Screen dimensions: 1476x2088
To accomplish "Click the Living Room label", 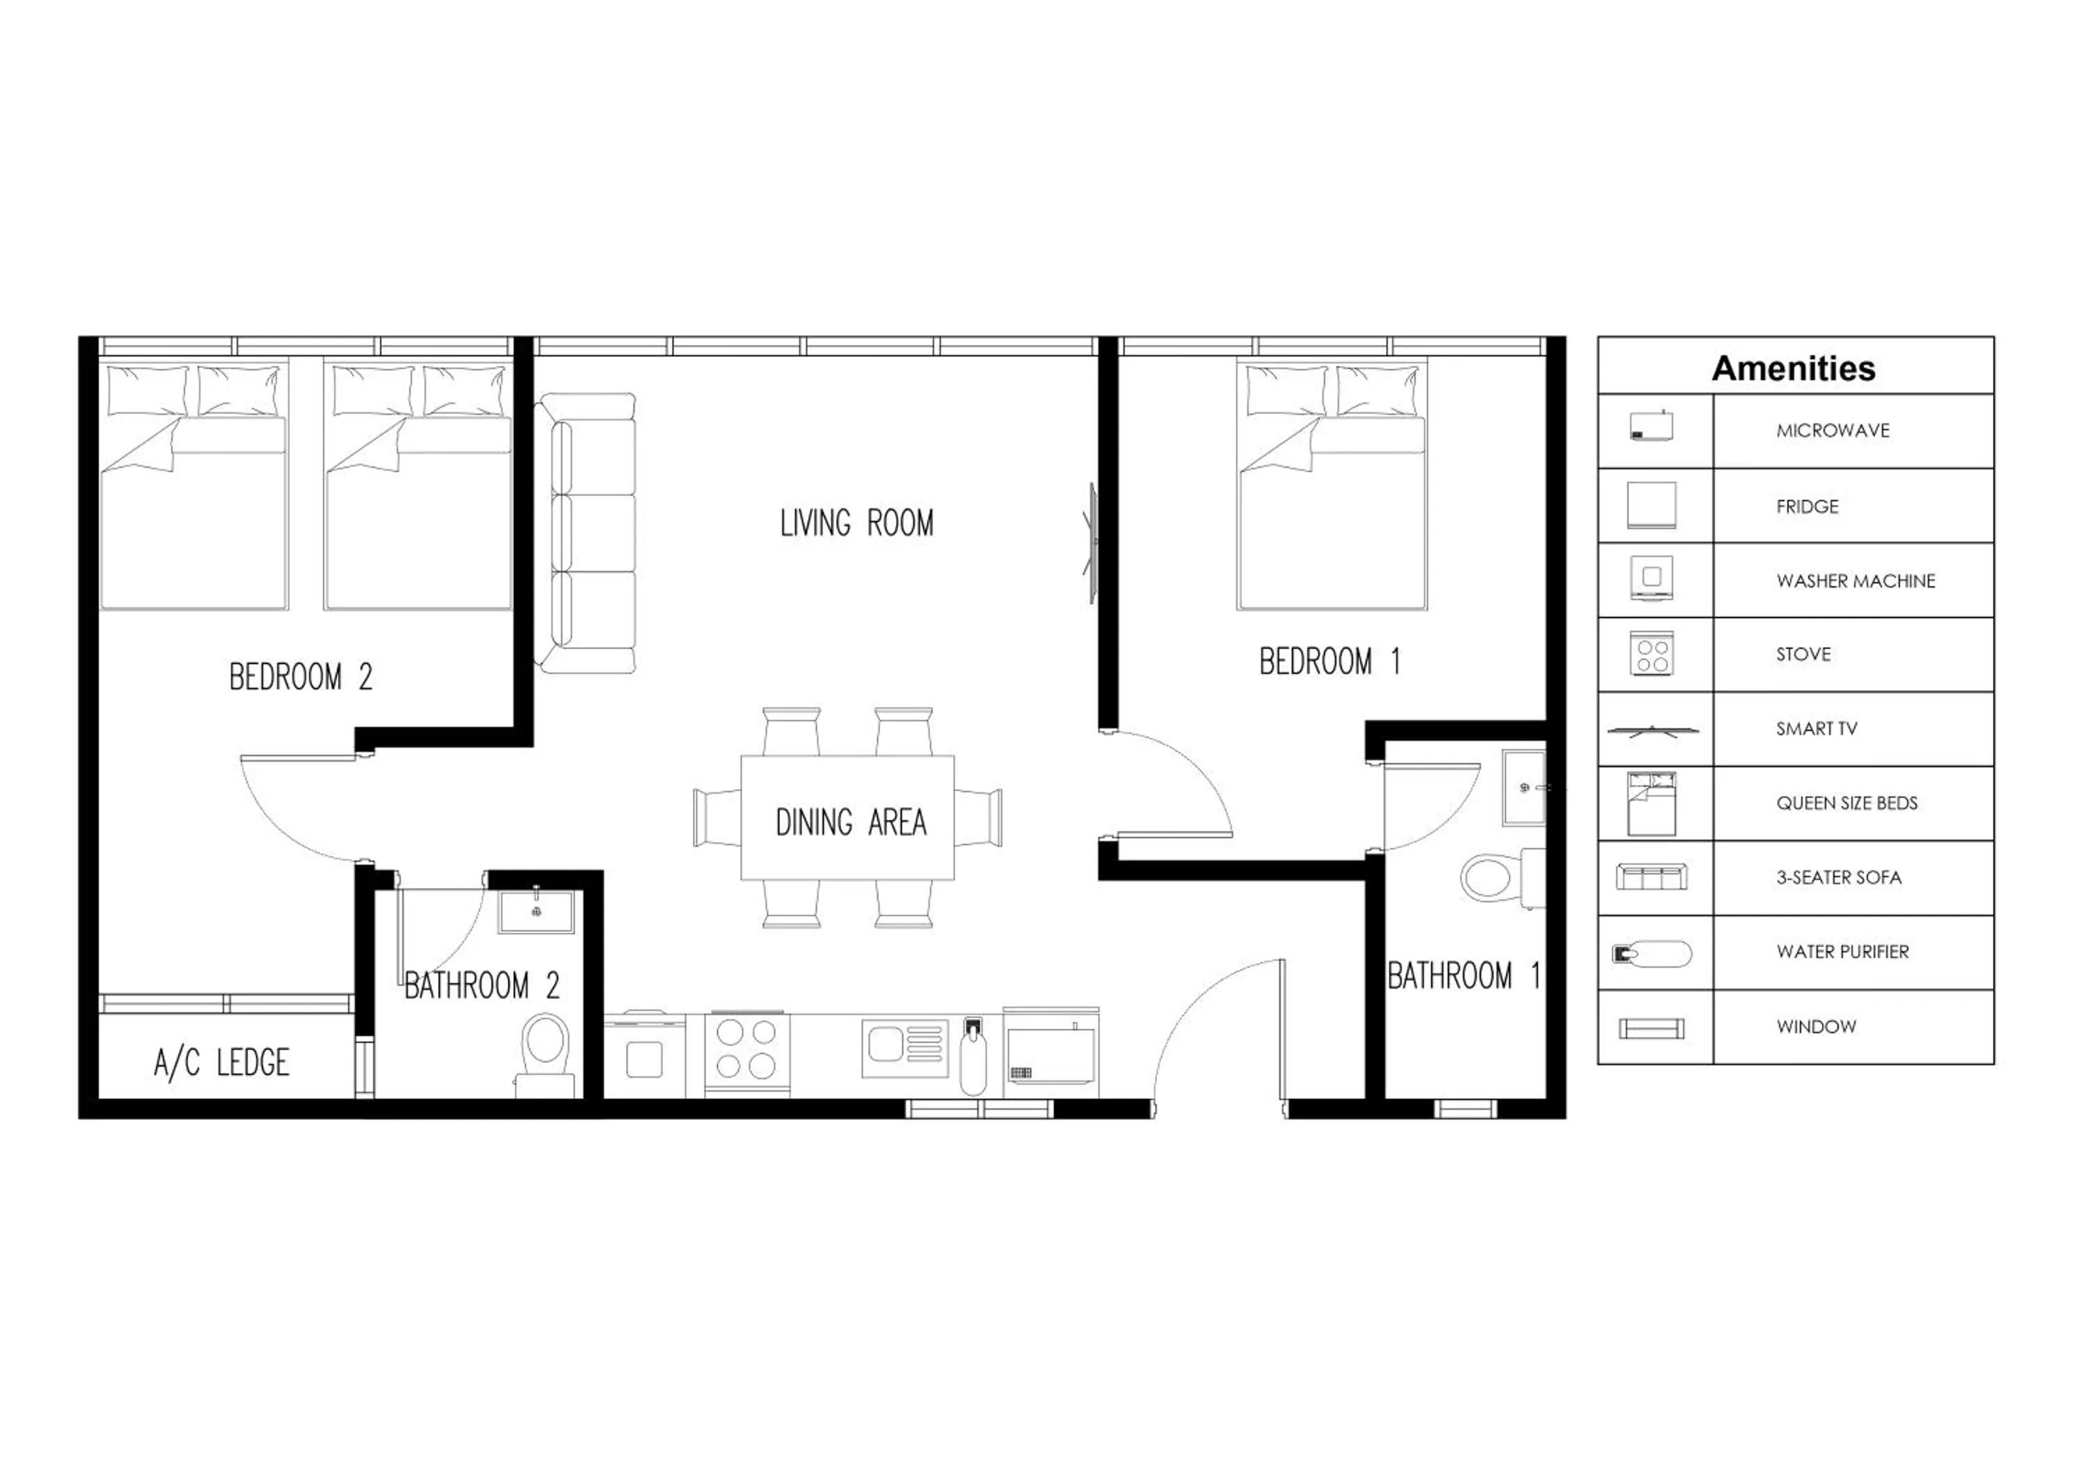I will (x=857, y=524).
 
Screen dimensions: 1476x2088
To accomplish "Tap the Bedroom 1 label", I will (x=1329, y=661).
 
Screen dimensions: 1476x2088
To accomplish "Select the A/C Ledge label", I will (x=221, y=1062).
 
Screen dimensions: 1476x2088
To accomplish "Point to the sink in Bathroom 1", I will (x=1524, y=787).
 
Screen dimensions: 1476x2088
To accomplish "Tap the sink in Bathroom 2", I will (x=536, y=912).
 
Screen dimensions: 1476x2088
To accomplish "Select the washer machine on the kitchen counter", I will (x=644, y=1058).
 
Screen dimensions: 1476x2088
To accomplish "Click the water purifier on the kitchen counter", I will (x=973, y=1057).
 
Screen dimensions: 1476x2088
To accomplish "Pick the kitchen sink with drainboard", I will (x=904, y=1048).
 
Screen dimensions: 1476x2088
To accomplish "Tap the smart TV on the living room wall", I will (x=1092, y=543).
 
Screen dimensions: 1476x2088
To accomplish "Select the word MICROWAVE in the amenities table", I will (x=1833, y=431).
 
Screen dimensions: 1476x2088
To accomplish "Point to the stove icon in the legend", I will (x=1652, y=654).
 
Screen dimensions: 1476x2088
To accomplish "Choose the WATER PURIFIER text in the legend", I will (x=1842, y=952).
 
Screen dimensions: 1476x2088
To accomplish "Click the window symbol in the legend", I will (x=1652, y=1028).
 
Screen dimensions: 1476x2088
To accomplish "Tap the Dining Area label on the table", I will (x=851, y=823).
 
